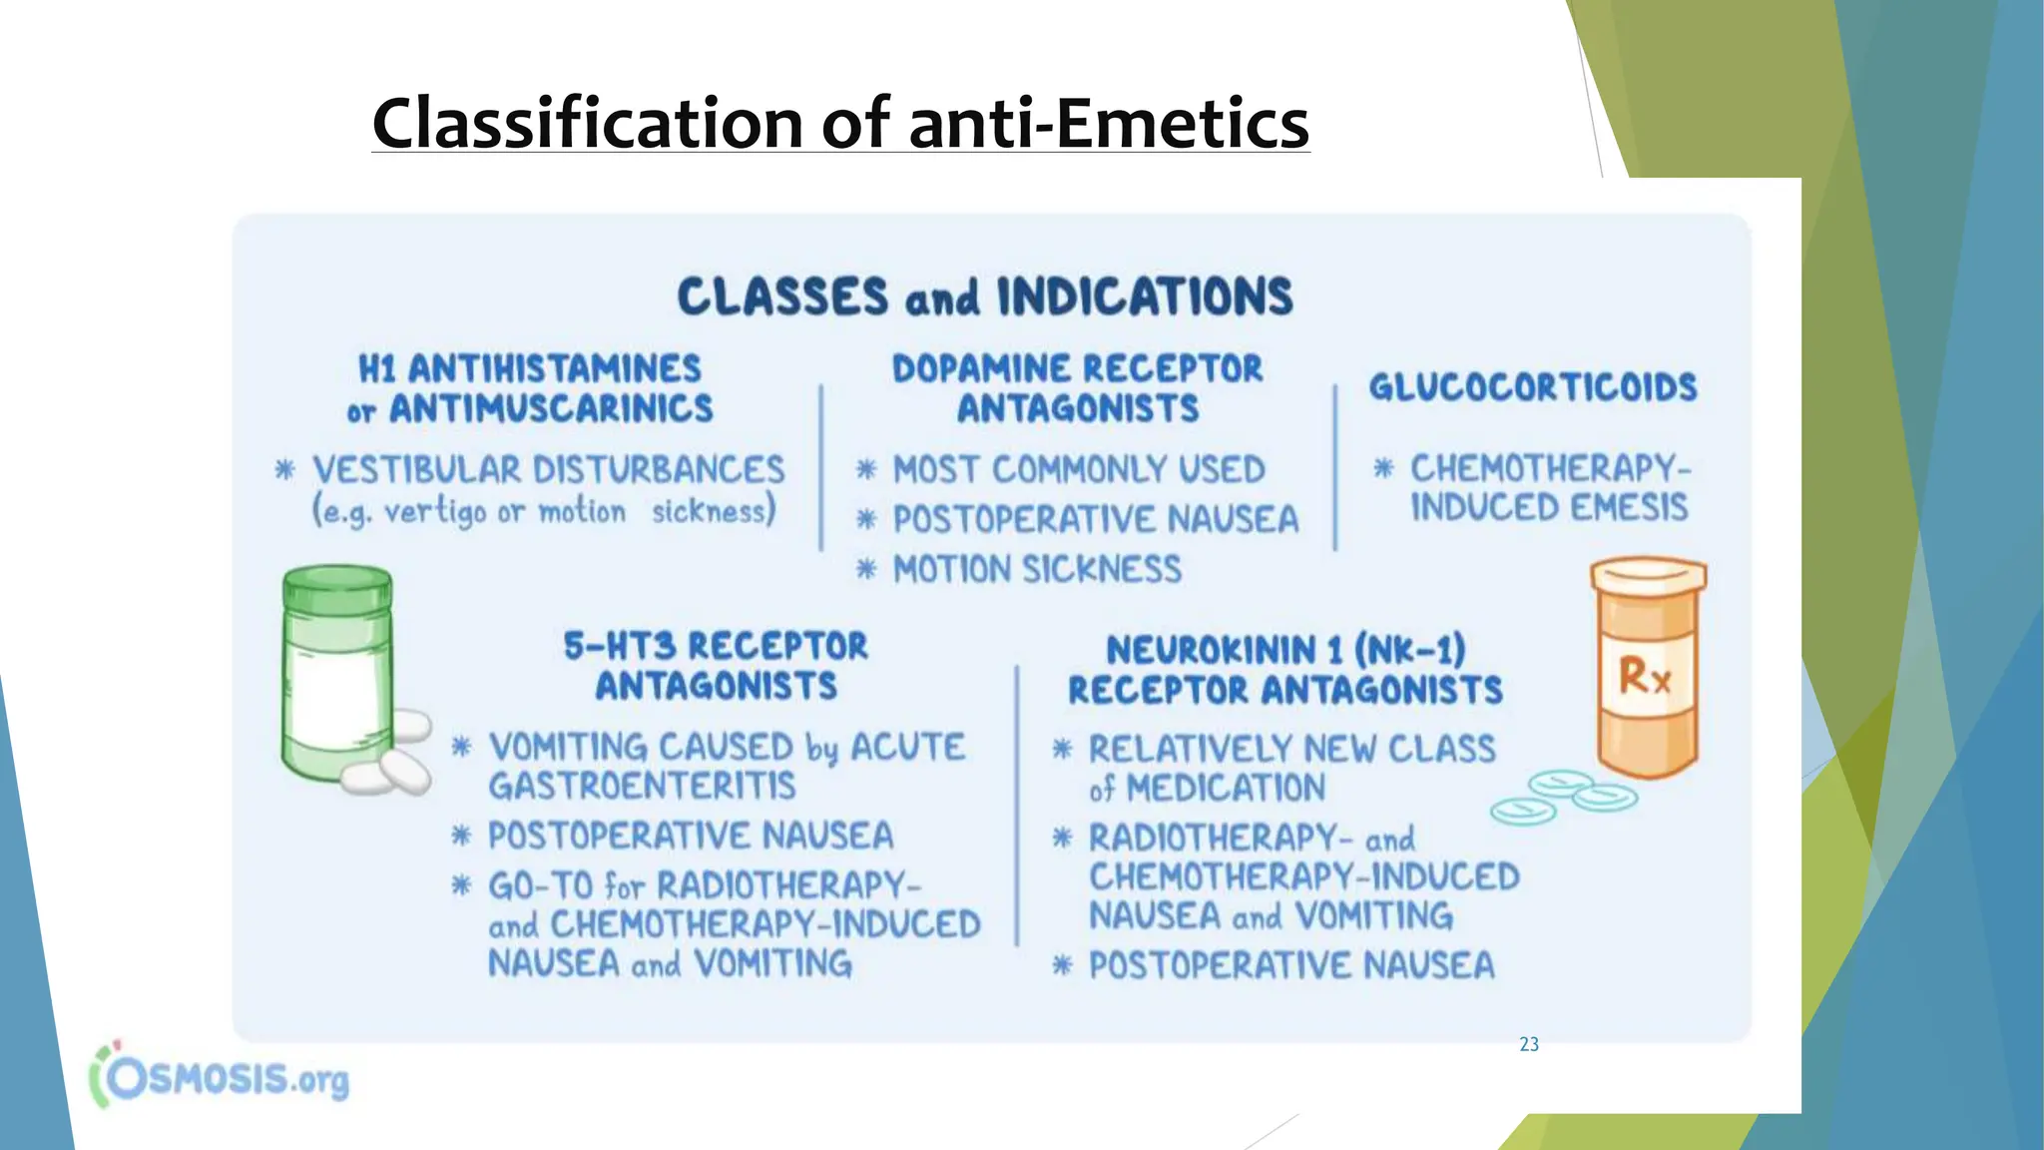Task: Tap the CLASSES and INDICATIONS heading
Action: point(985,296)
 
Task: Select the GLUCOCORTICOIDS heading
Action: point(1532,387)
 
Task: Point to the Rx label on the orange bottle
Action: point(1644,676)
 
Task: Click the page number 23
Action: point(1528,1044)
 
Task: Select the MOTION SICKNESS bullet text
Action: point(1036,570)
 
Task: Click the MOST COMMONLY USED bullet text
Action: point(1078,469)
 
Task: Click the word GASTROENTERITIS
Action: point(642,787)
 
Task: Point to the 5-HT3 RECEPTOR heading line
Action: point(716,646)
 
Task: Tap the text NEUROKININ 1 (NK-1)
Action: point(1285,651)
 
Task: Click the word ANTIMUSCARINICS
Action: point(551,408)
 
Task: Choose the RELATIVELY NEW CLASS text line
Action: point(1291,749)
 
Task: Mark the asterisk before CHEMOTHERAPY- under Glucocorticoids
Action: point(1382,467)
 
